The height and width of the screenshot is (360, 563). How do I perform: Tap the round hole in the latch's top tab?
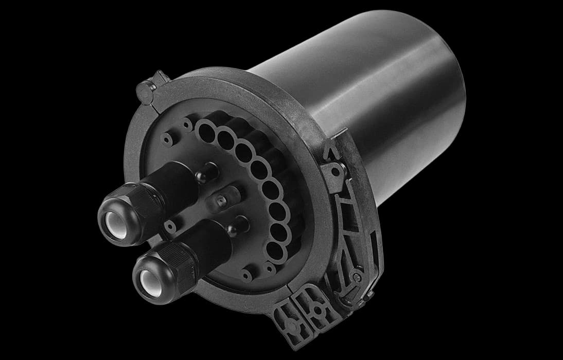(x=335, y=168)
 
